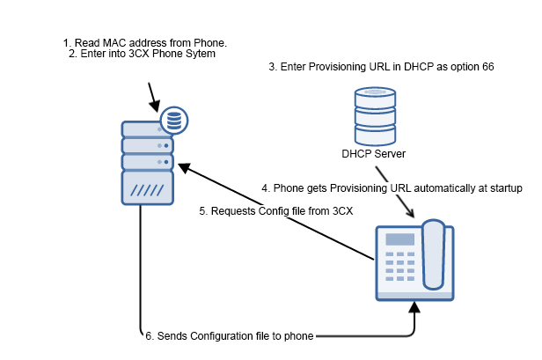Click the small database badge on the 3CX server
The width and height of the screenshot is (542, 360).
coord(174,117)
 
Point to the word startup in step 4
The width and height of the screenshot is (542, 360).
coord(503,188)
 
